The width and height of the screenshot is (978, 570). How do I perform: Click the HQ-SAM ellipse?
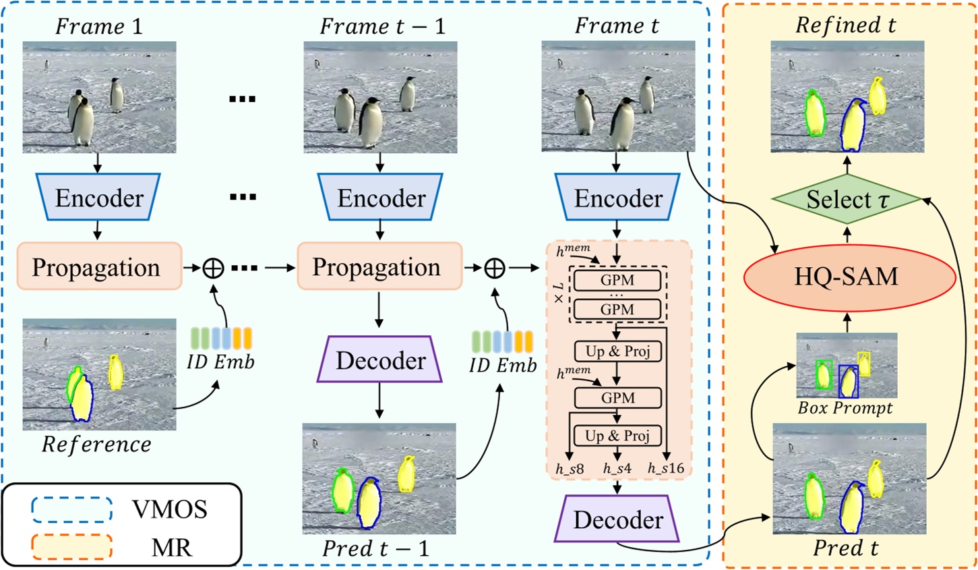click(849, 277)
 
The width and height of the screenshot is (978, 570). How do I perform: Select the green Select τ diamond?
click(847, 200)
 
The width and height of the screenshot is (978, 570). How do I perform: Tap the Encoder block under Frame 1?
click(99, 198)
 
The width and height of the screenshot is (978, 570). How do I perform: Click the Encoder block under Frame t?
click(618, 198)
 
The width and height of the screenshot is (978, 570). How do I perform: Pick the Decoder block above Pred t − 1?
click(380, 360)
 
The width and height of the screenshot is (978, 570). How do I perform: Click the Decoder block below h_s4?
click(617, 519)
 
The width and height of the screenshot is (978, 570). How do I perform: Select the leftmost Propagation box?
click(99, 267)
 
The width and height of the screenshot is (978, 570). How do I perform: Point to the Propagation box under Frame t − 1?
click(379, 267)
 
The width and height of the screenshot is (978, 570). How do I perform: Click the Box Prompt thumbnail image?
click(847, 366)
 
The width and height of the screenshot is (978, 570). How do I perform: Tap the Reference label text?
click(96, 445)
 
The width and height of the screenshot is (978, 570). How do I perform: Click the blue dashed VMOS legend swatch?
click(71, 509)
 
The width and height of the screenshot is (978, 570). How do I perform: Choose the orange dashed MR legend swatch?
click(71, 547)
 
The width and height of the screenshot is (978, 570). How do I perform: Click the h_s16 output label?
click(665, 467)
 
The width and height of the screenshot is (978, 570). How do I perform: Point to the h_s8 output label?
click(570, 467)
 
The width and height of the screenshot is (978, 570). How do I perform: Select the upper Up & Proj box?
click(617, 351)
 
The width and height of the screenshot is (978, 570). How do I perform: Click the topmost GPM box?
click(617, 280)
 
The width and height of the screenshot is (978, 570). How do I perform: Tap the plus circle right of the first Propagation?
click(213, 268)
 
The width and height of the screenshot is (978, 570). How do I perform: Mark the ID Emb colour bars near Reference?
click(221, 338)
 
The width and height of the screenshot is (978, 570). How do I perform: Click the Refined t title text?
click(846, 26)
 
